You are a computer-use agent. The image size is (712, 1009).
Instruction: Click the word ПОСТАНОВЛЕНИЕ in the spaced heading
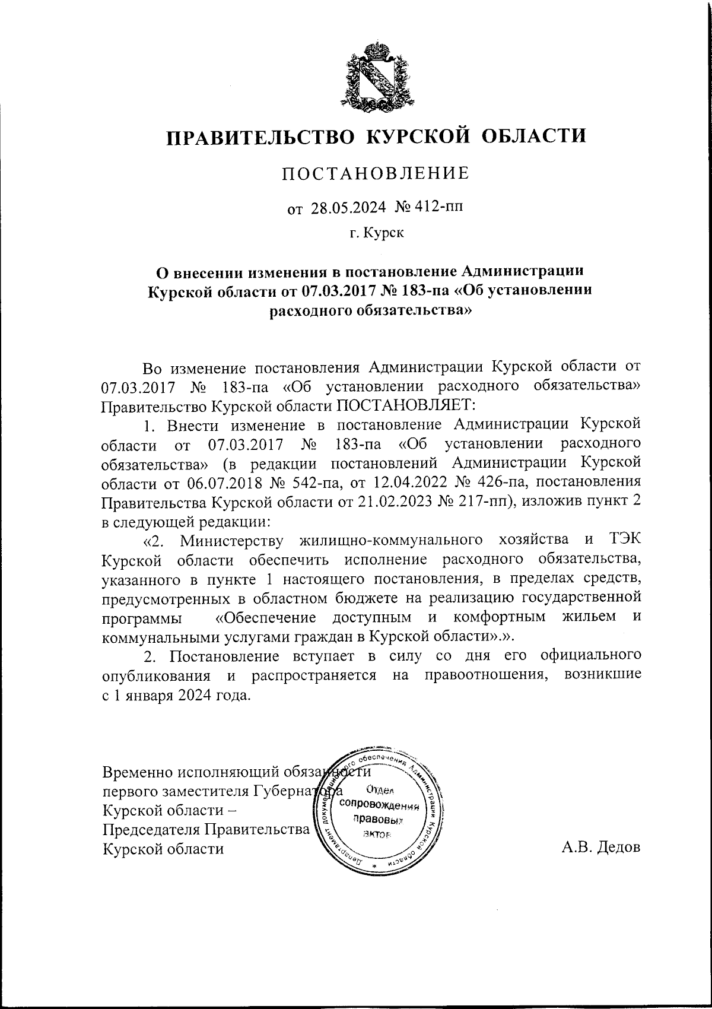(x=375, y=173)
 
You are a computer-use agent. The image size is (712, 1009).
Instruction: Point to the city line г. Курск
(x=376, y=233)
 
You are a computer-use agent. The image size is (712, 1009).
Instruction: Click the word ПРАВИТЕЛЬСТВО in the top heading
(x=259, y=137)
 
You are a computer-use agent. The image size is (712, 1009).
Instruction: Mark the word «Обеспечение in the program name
(x=265, y=617)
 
